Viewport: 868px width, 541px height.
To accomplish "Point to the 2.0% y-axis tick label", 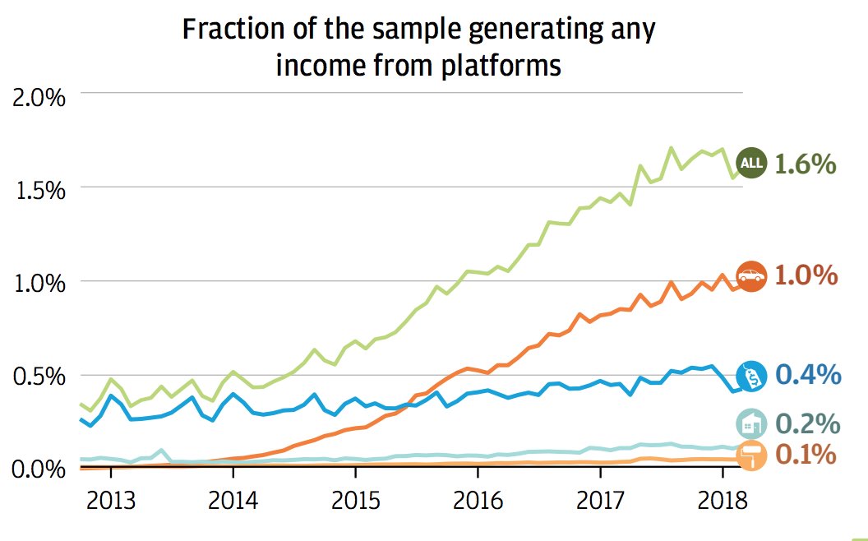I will (x=39, y=97).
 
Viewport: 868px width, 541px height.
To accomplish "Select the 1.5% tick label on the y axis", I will (x=39, y=190).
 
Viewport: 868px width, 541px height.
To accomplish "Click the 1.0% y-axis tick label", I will (x=39, y=284).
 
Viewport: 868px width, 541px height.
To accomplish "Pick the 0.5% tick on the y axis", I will (x=39, y=377).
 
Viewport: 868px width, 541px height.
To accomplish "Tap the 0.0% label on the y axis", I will (x=39, y=469).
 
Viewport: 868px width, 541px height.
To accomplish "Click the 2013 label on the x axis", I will (x=111, y=500).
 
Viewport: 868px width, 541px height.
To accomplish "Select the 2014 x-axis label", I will (x=233, y=500).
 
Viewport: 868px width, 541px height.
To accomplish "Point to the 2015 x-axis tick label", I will (x=355, y=500).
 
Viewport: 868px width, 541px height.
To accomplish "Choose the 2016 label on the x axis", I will (x=478, y=500).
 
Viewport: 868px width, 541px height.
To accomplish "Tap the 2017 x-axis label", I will (x=600, y=500).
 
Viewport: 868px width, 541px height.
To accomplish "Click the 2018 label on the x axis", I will (x=723, y=500).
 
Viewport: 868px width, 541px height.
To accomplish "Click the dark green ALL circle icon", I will (x=751, y=164).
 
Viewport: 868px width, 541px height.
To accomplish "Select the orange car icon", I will (x=750, y=276).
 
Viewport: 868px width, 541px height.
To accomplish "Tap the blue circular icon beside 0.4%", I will (x=751, y=376).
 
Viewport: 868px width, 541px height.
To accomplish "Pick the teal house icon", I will (x=751, y=423).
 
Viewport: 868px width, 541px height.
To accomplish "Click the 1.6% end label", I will (x=806, y=164).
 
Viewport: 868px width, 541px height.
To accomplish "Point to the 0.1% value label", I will (x=806, y=455).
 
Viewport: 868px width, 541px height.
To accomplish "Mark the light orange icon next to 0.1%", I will (x=750, y=455).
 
